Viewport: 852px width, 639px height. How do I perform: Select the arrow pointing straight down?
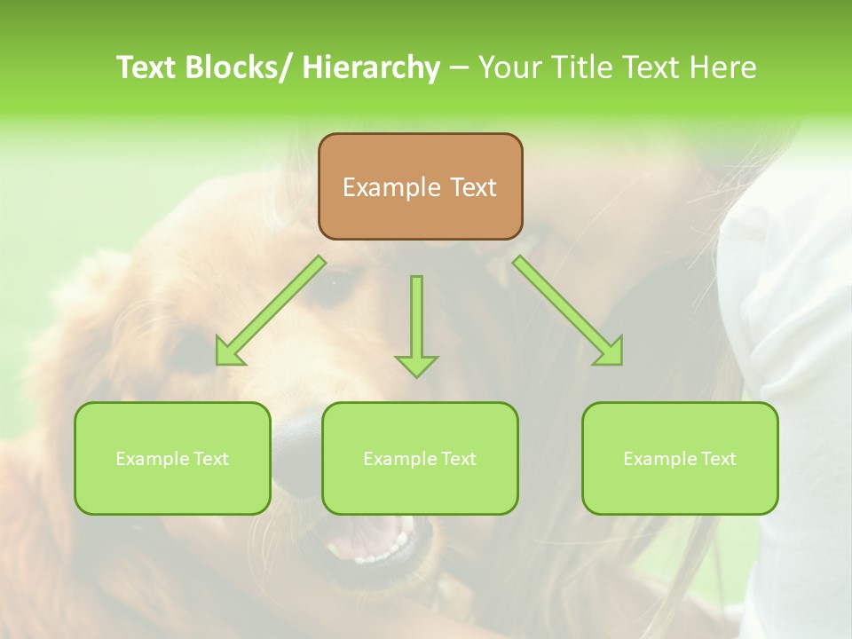point(416,319)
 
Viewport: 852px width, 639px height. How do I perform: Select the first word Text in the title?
point(147,67)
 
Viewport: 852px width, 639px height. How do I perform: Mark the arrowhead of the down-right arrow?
point(609,351)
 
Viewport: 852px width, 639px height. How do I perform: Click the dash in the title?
point(459,67)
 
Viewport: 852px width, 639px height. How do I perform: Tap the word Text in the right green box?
point(717,459)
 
